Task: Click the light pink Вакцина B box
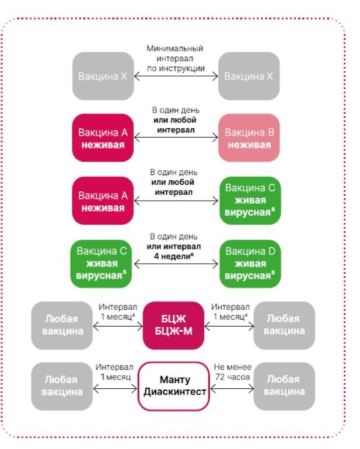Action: [x=249, y=138]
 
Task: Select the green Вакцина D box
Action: [x=249, y=264]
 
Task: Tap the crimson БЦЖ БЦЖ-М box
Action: [x=173, y=325]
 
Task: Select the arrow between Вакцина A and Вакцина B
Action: [x=176, y=138]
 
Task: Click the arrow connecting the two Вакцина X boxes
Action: [x=176, y=76]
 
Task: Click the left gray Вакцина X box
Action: [x=103, y=76]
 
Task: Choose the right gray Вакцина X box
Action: [x=249, y=76]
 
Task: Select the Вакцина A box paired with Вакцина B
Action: [x=103, y=138]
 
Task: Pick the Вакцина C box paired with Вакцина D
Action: [x=103, y=264]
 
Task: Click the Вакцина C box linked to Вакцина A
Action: [x=249, y=201]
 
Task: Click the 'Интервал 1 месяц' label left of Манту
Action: [x=115, y=371]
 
